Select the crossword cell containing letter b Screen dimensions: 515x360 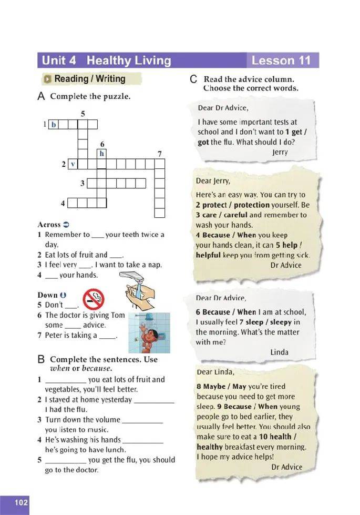[x=53, y=125]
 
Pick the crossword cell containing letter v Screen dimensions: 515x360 [x=73, y=164]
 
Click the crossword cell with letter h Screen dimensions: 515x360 [x=102, y=154]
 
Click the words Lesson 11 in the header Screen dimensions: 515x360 [x=281, y=60]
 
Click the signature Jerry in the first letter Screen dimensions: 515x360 [x=280, y=152]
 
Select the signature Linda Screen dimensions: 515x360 [x=279, y=352]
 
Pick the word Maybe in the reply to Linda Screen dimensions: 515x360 [x=213, y=387]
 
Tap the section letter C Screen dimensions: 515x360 [x=193, y=80]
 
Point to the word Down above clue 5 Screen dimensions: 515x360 [x=47, y=295]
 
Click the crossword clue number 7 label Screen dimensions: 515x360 [x=159, y=154]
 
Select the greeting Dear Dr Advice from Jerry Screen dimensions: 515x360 [x=222, y=108]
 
